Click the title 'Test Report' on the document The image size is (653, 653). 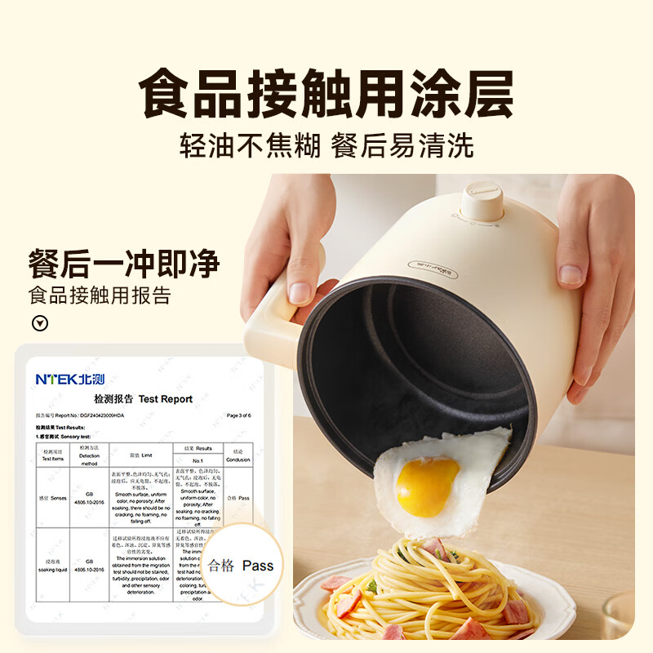[x=143, y=399]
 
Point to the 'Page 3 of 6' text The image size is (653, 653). [x=245, y=415]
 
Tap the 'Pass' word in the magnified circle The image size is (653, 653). [x=258, y=565]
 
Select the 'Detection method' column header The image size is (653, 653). [x=89, y=453]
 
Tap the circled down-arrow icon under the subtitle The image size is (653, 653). [x=38, y=322]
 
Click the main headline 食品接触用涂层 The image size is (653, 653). [x=326, y=96]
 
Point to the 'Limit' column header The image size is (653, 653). [x=140, y=454]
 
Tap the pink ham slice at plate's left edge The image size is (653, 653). [x=334, y=584]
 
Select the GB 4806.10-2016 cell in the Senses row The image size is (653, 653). [x=89, y=498]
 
